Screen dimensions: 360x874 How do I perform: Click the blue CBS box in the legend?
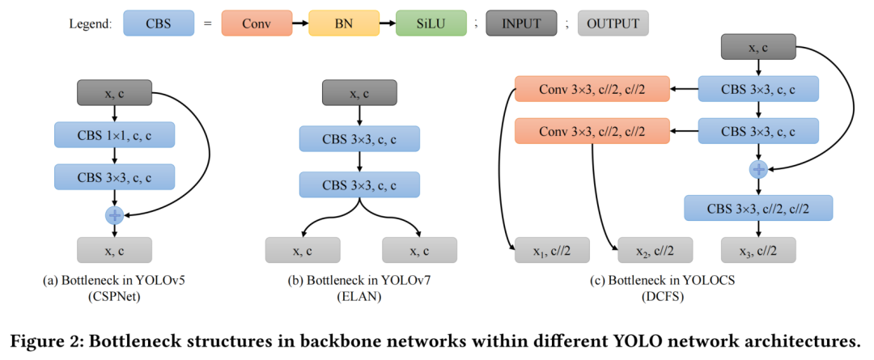tap(158, 23)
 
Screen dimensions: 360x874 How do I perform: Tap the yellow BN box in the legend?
tap(342, 23)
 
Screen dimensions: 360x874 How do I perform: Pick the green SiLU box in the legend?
tap(430, 23)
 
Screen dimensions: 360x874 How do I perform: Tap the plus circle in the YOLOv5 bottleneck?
tap(114, 215)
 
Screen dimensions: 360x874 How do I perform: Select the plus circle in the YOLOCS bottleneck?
tap(758, 169)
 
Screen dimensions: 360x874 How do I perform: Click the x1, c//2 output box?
tap(551, 251)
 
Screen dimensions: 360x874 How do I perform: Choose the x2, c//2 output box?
tap(655, 251)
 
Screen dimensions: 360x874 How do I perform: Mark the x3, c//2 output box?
tap(758, 251)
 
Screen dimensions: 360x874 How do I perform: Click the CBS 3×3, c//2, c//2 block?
tap(758, 209)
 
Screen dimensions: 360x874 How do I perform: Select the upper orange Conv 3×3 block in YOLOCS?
tap(592, 89)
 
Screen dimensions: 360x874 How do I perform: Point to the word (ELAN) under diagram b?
tap(354, 297)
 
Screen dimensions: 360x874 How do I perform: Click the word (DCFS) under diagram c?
tap(655, 297)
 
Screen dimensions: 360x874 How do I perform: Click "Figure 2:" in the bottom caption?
tap(45, 337)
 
